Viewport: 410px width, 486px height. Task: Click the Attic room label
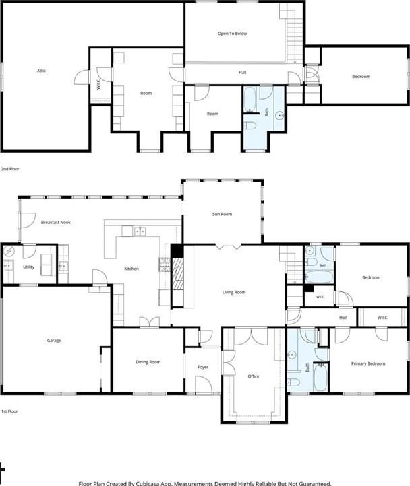point(41,71)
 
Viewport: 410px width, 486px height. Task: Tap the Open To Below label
point(233,34)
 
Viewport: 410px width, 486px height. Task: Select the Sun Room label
point(222,214)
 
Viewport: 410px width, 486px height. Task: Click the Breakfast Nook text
point(56,222)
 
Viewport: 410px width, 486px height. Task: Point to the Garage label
point(54,341)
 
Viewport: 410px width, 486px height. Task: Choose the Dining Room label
point(148,362)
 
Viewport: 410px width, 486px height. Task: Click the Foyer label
point(203,367)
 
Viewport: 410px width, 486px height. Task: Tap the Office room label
point(254,376)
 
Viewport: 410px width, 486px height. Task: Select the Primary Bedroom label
point(368,363)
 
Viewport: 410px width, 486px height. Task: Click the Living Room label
point(234,292)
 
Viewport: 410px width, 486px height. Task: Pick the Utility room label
point(28,267)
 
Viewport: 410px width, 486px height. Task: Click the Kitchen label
point(131,269)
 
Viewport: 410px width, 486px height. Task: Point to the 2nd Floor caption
point(10,169)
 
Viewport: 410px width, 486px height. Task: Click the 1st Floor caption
point(9,411)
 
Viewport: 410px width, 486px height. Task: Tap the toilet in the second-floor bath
point(250,125)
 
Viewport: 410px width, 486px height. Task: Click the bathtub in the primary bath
point(320,377)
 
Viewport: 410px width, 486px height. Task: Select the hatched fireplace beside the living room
point(178,275)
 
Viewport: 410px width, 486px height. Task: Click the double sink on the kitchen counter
point(140,232)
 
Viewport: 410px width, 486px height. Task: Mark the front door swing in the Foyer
point(204,385)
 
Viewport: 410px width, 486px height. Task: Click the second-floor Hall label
point(243,72)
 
